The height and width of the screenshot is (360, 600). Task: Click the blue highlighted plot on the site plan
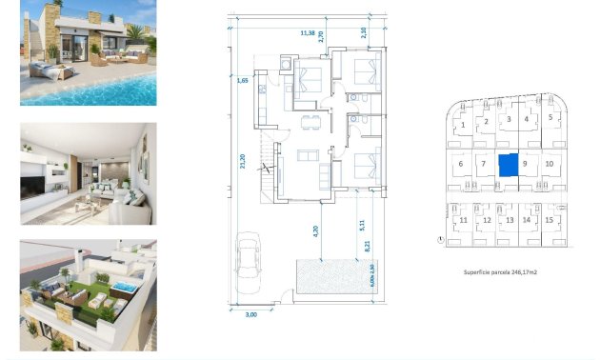point(508,164)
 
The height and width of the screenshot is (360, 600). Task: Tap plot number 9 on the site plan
point(525,164)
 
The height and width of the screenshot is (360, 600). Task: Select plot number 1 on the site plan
point(462,125)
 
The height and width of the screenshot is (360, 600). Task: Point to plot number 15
point(550,220)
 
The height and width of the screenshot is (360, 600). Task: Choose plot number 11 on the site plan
point(463,221)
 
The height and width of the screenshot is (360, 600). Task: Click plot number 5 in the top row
point(550,118)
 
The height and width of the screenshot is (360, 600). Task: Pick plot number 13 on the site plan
point(509,220)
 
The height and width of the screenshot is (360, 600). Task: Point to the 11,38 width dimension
point(308,32)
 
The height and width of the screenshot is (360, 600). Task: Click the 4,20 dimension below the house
point(315,230)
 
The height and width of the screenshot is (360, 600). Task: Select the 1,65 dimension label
point(243,81)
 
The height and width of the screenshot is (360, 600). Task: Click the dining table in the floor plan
point(307,121)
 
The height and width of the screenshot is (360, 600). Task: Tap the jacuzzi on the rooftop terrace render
point(123,288)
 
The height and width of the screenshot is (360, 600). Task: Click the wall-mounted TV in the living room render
point(39,177)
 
